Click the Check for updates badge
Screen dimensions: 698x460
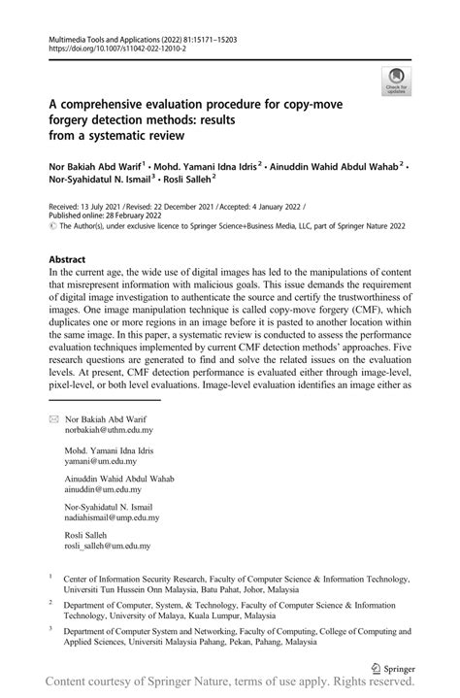(x=395, y=81)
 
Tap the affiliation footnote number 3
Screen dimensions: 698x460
(x=50, y=628)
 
